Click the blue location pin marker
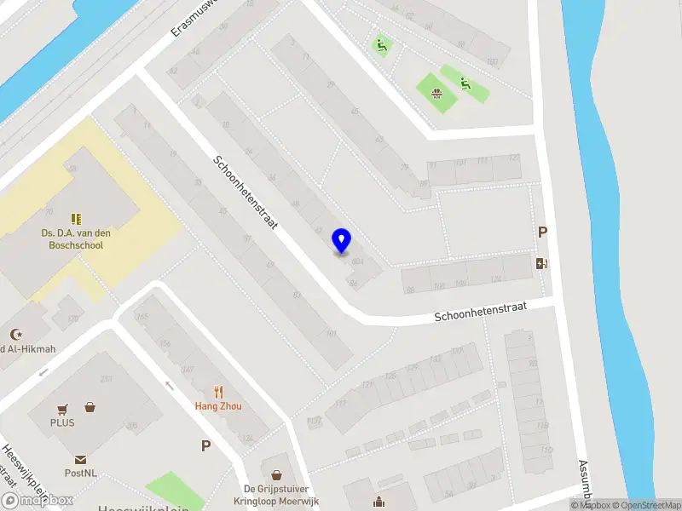tap(342, 241)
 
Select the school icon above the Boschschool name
tap(76, 218)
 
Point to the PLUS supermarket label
tap(62, 422)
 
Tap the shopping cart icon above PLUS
tap(62, 409)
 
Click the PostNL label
tap(79, 473)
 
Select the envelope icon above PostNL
tap(79, 459)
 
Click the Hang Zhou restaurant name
tap(218, 406)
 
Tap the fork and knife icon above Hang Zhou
tap(218, 392)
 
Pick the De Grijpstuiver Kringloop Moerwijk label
tap(280, 495)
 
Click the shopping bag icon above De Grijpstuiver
tap(276, 474)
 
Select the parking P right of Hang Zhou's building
tap(205, 445)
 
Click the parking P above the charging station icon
tap(541, 232)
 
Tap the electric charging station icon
tap(541, 263)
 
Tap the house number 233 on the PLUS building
tap(107, 380)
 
